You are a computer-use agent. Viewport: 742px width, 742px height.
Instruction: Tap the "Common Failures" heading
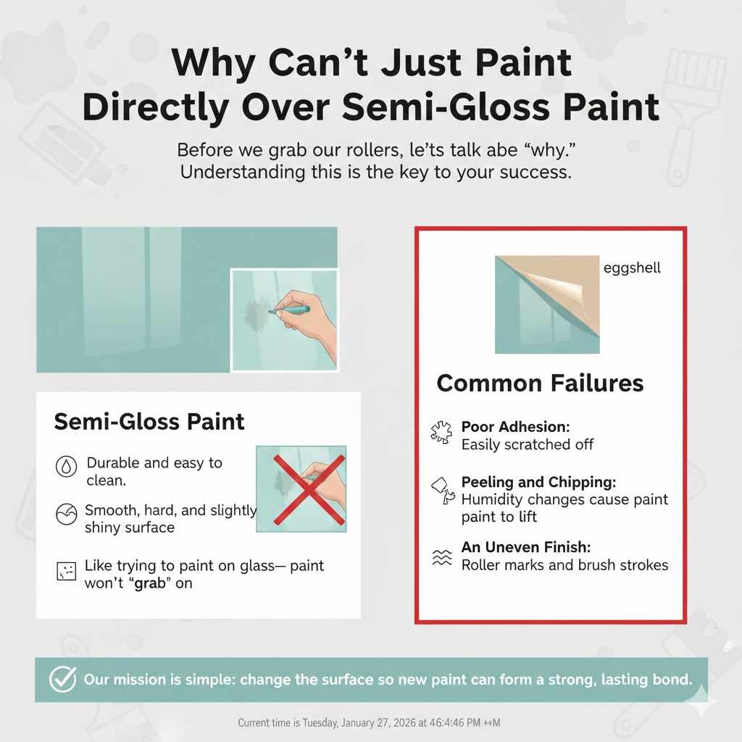pos(540,383)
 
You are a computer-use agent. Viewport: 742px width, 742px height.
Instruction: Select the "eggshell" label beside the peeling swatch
pos(632,268)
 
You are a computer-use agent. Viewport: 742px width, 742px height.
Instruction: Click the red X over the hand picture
pos(301,489)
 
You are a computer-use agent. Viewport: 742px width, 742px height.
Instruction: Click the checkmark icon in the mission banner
pos(62,680)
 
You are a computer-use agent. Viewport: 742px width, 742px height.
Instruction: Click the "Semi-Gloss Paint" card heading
pos(149,422)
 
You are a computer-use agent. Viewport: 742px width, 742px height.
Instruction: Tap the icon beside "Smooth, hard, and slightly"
pos(66,516)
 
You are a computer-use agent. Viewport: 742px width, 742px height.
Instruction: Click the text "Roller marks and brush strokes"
pos(564,564)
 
